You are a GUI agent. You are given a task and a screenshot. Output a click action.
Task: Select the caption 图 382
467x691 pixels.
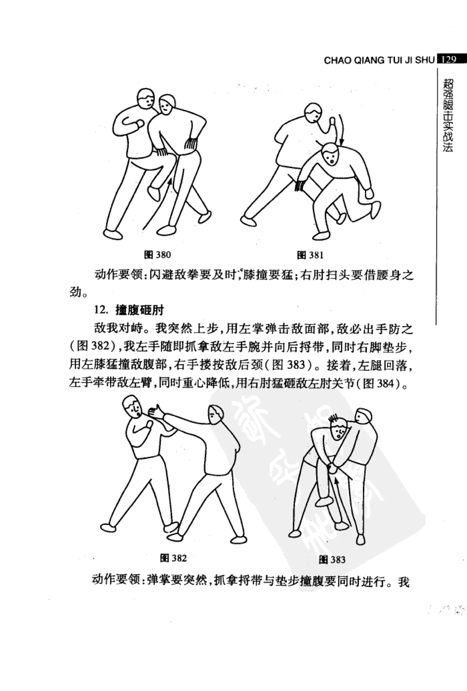173,558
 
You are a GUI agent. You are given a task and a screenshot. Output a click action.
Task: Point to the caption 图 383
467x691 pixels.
332,560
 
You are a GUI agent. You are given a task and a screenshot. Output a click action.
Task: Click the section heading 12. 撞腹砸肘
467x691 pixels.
129,310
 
